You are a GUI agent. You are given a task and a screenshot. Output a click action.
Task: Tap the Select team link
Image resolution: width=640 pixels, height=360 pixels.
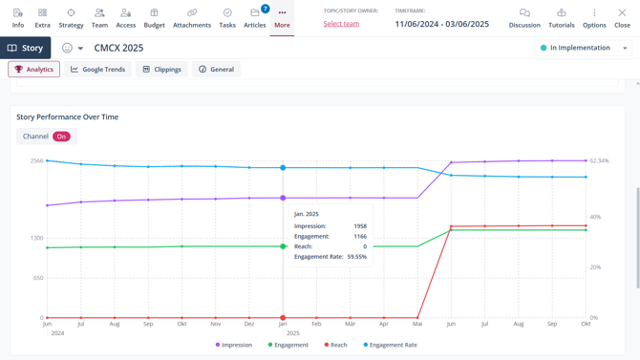pos(341,24)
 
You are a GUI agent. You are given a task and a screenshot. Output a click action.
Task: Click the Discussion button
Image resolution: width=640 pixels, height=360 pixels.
pos(524,18)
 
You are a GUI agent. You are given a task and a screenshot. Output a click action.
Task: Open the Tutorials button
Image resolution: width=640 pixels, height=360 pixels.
pos(562,18)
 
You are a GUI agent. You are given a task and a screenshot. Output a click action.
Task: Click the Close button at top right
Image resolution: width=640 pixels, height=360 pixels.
pos(622,18)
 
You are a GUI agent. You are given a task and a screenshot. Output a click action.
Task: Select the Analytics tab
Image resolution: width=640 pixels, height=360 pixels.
pos(34,70)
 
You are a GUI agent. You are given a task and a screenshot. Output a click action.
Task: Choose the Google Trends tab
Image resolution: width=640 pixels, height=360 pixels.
pos(98,70)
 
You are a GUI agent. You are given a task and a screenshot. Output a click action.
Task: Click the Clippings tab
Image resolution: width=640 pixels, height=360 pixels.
pos(161,70)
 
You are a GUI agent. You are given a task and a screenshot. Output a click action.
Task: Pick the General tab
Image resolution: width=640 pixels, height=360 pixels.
pos(217,70)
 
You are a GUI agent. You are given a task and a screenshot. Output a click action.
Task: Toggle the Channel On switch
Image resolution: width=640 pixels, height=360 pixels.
pos(61,137)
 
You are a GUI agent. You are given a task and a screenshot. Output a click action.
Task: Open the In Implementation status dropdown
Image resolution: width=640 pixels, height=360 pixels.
pos(584,48)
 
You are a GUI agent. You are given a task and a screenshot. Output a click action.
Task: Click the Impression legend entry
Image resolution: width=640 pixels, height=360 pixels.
pos(233,345)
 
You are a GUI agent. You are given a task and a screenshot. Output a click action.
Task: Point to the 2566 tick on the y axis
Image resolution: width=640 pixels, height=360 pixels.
pos(36,161)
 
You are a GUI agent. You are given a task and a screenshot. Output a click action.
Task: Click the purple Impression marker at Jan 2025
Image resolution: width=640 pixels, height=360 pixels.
pos(283,199)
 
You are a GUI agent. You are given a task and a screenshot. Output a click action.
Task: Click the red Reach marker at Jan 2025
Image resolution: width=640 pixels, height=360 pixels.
pos(283,318)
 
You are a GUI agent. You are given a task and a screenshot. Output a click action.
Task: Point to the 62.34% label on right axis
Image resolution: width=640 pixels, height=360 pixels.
pos(599,161)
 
